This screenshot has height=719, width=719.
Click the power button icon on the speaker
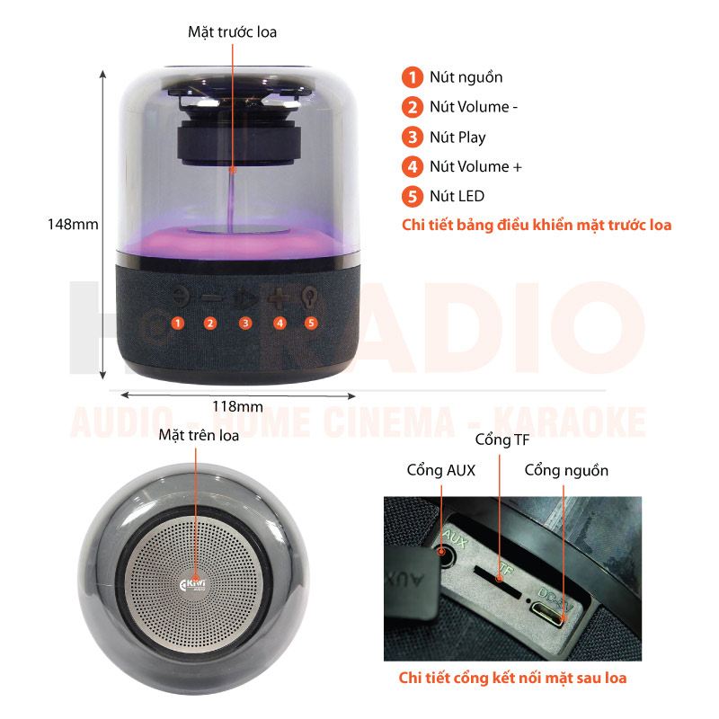pyautogui.click(x=181, y=297)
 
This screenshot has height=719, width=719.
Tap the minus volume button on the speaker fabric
pyautogui.click(x=211, y=298)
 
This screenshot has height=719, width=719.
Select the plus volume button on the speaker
pyautogui.click(x=279, y=298)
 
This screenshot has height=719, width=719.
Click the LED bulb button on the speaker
pyautogui.click(x=309, y=297)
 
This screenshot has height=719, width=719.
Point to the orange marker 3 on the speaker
pyautogui.click(x=245, y=324)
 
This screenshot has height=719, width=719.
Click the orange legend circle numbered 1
pyautogui.click(x=413, y=77)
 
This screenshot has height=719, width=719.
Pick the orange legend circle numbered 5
pyautogui.click(x=413, y=196)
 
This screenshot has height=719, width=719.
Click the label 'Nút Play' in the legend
pyautogui.click(x=457, y=138)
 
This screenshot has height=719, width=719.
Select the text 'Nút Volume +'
pyautogui.click(x=475, y=166)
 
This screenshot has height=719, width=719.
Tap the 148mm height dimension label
pyautogui.click(x=73, y=224)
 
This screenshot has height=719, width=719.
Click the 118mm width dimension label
pyautogui.click(x=237, y=406)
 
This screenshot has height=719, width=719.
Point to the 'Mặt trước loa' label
pyautogui.click(x=232, y=32)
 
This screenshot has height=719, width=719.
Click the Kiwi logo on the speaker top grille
pyautogui.click(x=193, y=584)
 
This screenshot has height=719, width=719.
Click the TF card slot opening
pyautogui.click(x=498, y=581)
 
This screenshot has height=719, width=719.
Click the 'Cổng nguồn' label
pyautogui.click(x=566, y=470)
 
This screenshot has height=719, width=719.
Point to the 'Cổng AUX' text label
pyautogui.click(x=440, y=470)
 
